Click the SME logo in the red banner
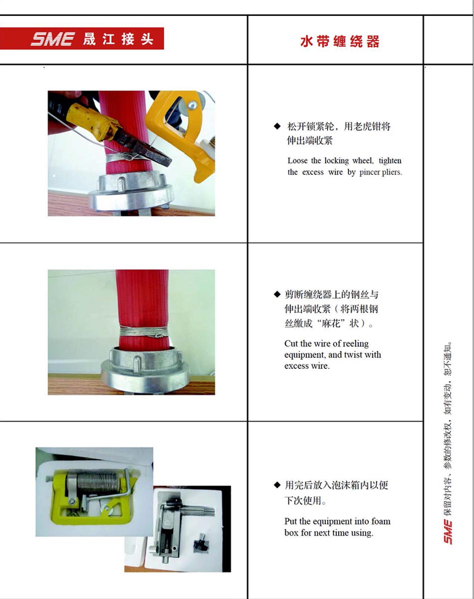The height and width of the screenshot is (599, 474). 52,39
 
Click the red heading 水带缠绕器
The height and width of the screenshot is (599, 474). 340,41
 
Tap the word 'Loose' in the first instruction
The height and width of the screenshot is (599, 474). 297,161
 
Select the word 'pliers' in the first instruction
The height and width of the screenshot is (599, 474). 391,173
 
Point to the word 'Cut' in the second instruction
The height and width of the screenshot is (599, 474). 291,343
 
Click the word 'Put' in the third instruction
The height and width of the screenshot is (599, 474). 290,522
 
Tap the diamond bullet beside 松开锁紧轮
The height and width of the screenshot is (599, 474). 277,126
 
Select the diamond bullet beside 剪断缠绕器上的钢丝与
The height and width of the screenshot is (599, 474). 277,294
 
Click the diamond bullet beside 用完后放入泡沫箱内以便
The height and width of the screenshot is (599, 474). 277,485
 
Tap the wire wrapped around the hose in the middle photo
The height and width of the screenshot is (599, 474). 145,332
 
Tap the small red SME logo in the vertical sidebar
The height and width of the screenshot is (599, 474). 448,531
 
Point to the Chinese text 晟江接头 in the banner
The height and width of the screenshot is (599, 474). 118,39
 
